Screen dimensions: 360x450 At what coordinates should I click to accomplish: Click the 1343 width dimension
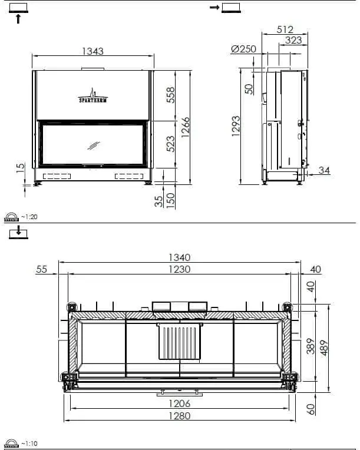(x=93, y=51)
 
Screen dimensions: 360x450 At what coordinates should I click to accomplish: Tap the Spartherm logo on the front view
(x=93, y=96)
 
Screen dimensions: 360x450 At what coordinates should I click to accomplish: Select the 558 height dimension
(x=170, y=95)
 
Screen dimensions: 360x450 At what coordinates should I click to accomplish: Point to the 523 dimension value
(x=170, y=144)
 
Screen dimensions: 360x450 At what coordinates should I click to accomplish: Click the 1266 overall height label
(x=186, y=127)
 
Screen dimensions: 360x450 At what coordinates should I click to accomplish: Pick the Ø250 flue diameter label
(x=243, y=49)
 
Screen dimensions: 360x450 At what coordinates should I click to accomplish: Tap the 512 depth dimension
(x=285, y=29)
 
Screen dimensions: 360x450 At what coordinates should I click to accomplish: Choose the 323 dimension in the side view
(x=293, y=40)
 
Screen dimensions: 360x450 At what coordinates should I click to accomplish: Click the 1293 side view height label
(x=236, y=126)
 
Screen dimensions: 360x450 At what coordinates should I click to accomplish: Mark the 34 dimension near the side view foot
(x=324, y=170)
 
